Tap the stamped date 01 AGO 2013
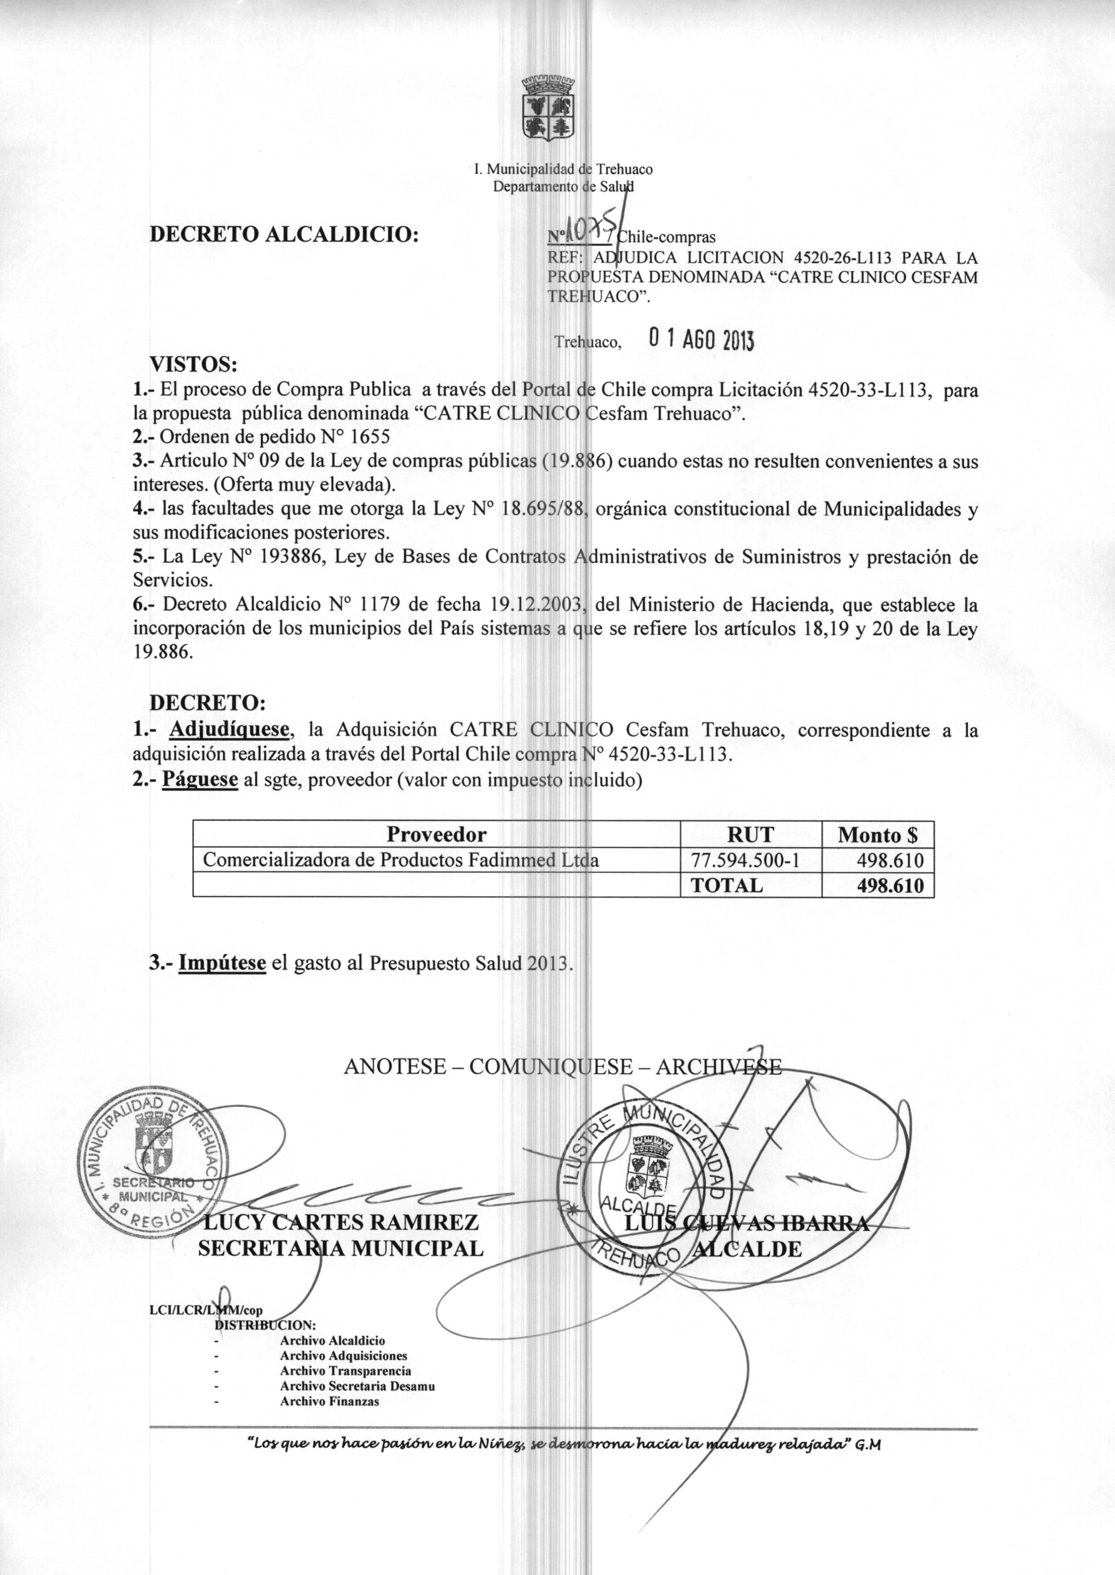click(x=700, y=339)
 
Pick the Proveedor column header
click(x=436, y=835)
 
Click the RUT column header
click(x=750, y=835)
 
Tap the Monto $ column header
click(x=878, y=835)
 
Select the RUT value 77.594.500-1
click(x=750, y=860)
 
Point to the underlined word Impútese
click(x=222, y=963)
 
